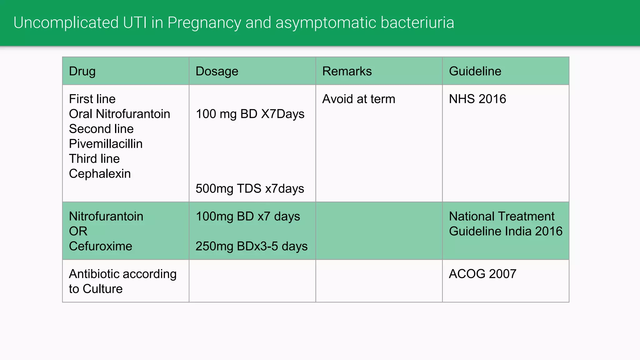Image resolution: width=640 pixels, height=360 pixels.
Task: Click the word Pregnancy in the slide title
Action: click(x=204, y=23)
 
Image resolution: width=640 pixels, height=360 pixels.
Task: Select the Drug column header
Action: click(x=82, y=71)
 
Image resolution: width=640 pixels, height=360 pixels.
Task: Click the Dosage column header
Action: click(x=217, y=71)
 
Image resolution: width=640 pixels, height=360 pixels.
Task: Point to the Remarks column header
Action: click(x=347, y=71)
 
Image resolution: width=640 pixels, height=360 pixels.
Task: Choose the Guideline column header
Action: click(x=475, y=71)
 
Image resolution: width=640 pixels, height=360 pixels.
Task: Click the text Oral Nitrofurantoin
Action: click(x=119, y=114)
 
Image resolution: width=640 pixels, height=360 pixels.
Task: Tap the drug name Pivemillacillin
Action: click(x=106, y=144)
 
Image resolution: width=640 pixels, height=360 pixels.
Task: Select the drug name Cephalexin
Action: click(x=100, y=174)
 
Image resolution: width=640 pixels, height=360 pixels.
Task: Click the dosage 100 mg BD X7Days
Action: click(x=250, y=114)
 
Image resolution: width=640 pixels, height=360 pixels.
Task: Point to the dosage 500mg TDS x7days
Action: click(x=250, y=189)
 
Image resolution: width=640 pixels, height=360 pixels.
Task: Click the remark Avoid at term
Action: click(x=358, y=99)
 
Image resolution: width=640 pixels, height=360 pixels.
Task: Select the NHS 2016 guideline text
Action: click(x=477, y=99)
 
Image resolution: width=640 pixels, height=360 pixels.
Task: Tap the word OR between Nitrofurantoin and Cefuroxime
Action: click(x=78, y=231)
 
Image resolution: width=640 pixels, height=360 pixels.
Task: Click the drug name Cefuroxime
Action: click(x=100, y=246)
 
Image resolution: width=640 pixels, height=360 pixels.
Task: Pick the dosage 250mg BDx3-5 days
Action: click(x=252, y=246)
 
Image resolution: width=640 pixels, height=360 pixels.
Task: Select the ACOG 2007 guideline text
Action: click(x=482, y=274)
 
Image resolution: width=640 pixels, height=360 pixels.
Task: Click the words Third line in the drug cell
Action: click(x=94, y=159)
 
